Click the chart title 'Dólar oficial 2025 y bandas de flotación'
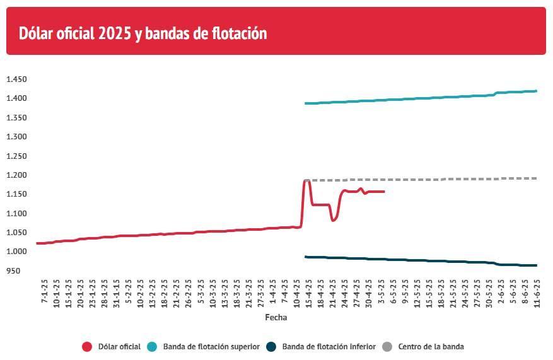pyautogui.click(x=143, y=33)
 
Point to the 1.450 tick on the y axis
pyautogui.click(x=16, y=79)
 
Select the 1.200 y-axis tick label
pyautogui.click(x=16, y=175)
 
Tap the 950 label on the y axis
pyautogui.click(x=13, y=271)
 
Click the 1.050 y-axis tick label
pyautogui.click(x=16, y=233)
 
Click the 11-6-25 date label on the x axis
pyautogui.click(x=537, y=293)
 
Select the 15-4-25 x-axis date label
pyautogui.click(x=308, y=293)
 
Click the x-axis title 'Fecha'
pyautogui.click(x=276, y=317)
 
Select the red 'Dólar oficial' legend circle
pyautogui.click(x=87, y=347)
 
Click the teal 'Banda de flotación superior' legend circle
pyautogui.click(x=152, y=347)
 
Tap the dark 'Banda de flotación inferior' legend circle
pyautogui.click(x=271, y=347)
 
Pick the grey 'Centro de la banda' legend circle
pyautogui.click(x=387, y=347)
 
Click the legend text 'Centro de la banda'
pyautogui.click(x=431, y=347)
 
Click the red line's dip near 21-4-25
pyautogui.click(x=333, y=221)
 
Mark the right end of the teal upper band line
pyautogui.click(x=536, y=91)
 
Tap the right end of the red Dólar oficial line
pyautogui.click(x=384, y=192)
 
